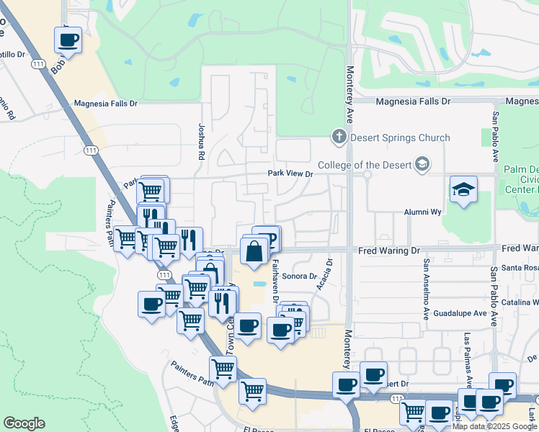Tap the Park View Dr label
[290, 174]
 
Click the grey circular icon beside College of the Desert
[423, 165]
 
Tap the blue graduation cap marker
[463, 190]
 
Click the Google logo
[24, 423]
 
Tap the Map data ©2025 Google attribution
[494, 426]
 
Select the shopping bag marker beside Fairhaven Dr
[254, 253]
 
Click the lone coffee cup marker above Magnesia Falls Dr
[68, 40]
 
